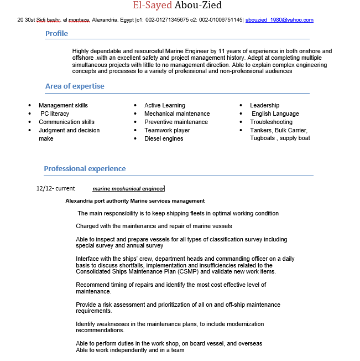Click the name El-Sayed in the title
(x=152, y=6)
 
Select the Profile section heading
(x=56, y=33)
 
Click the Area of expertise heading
(x=75, y=86)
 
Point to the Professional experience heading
(x=85, y=168)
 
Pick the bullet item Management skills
(x=63, y=105)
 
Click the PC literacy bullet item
(x=55, y=114)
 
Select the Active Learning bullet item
(x=165, y=105)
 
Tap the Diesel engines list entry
(x=164, y=138)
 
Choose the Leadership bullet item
(x=264, y=105)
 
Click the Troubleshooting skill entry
(x=271, y=122)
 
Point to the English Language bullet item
(x=275, y=114)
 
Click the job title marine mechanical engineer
(x=128, y=189)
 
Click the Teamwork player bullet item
(x=167, y=130)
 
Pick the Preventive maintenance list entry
(x=176, y=122)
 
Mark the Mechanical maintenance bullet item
(x=177, y=114)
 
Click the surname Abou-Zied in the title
(x=198, y=6)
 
